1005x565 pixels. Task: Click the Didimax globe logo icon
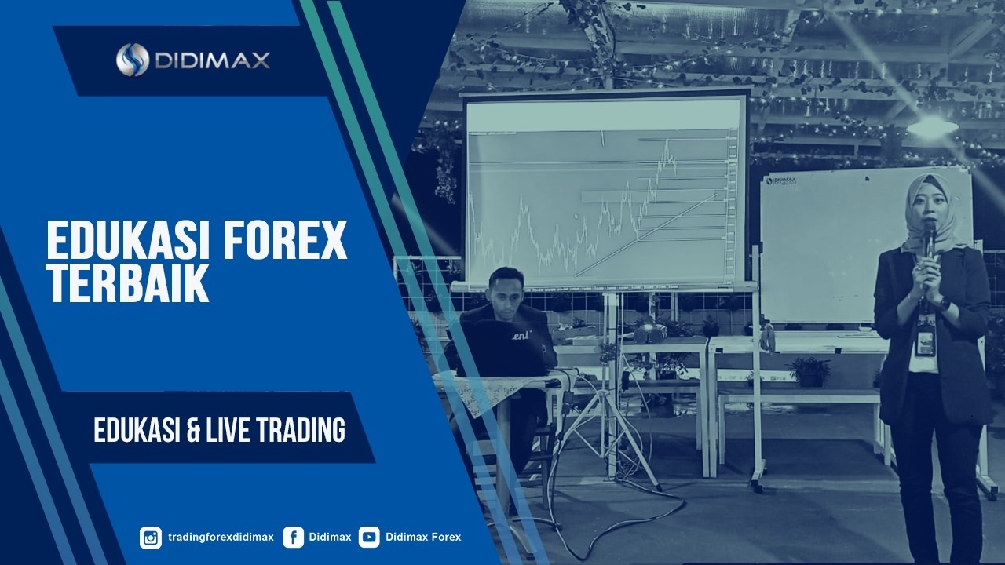point(133,60)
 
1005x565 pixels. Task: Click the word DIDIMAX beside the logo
point(212,60)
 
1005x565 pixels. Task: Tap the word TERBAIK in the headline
point(128,282)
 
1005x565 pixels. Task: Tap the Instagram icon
point(151,538)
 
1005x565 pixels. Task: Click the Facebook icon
point(294,538)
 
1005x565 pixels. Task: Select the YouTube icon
point(369,538)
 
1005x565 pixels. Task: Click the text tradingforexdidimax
point(221,538)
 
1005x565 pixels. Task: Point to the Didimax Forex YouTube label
point(423,537)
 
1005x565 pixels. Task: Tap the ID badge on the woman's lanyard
point(925,344)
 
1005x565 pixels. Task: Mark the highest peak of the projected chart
point(667,140)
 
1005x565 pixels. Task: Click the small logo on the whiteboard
point(781,180)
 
